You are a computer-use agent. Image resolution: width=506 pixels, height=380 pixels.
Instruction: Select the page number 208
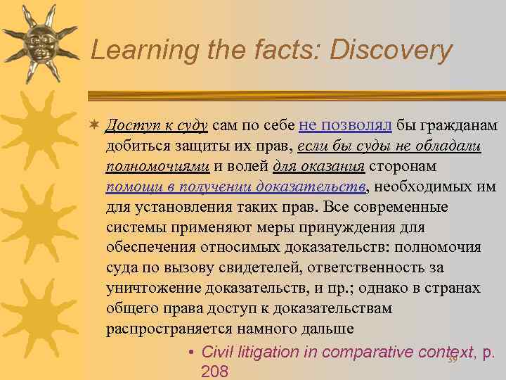[x=214, y=371]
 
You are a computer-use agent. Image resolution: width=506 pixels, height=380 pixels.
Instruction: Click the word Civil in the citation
[x=218, y=351]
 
